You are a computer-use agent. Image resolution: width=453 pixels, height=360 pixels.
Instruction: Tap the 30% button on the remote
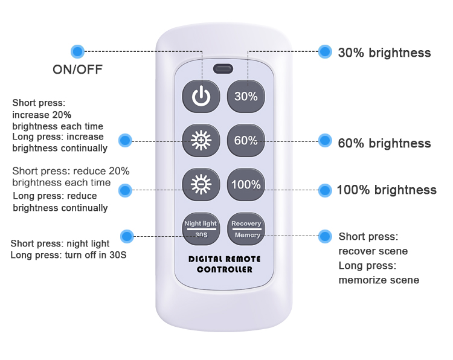coord(246,96)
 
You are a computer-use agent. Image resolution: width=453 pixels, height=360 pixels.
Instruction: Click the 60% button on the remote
coord(246,140)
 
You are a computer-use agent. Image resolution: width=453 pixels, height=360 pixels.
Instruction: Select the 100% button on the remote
coord(246,185)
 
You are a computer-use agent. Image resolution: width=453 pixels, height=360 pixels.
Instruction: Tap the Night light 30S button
coord(201,229)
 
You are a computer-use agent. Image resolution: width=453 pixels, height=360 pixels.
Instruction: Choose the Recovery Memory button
coord(246,229)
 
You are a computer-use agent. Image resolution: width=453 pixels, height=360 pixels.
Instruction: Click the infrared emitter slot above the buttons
coord(223,69)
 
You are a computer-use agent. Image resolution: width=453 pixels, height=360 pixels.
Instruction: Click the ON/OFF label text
coord(77,69)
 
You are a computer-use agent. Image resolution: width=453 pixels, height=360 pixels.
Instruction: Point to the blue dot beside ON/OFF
coord(77,52)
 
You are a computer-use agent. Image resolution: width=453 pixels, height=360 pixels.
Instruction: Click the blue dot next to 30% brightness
coord(325,52)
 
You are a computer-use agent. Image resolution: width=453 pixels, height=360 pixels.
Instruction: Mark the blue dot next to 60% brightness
coord(325,141)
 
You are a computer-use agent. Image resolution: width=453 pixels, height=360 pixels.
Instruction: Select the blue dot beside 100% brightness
coord(325,190)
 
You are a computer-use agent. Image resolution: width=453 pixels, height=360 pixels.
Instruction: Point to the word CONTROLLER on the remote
coord(225,269)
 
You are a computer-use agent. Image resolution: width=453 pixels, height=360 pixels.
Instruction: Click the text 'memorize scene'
coord(379,280)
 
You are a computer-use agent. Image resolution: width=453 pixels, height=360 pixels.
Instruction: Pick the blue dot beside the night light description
coord(127,236)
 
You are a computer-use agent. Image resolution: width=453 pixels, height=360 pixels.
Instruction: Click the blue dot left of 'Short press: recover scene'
coord(325,236)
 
